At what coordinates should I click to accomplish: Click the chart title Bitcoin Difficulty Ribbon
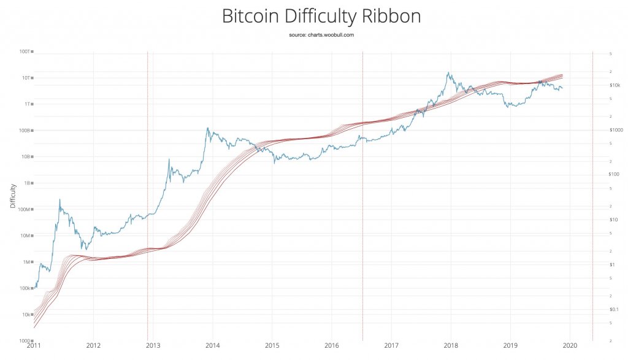tap(321, 16)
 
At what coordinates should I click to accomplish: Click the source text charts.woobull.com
tap(321, 35)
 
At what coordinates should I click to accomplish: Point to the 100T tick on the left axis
tap(28, 52)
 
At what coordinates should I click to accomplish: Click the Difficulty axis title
tap(12, 196)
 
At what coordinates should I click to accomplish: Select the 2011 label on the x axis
tap(34, 347)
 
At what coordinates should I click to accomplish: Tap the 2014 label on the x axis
tap(213, 347)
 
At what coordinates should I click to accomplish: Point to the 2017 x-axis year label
tap(391, 347)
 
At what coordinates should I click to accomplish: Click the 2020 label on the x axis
tap(570, 347)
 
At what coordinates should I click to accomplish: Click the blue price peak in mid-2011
tap(59, 199)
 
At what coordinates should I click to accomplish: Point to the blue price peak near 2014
tap(207, 128)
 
